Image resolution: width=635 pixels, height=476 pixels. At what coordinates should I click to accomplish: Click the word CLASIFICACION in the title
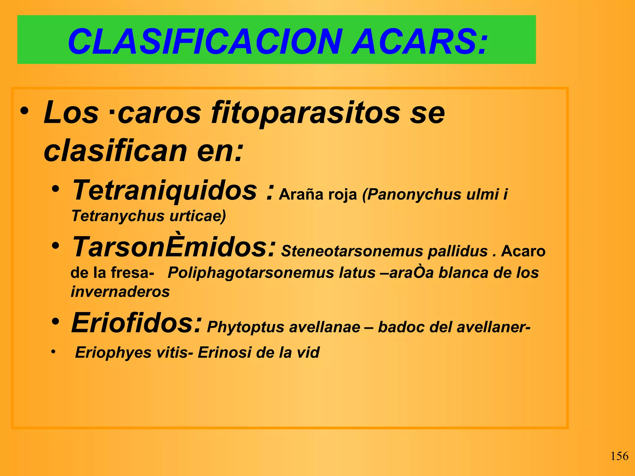coord(205,42)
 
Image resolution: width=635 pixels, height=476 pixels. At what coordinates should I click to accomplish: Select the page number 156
coord(619,456)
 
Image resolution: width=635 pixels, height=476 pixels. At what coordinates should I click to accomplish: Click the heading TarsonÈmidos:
coord(173,247)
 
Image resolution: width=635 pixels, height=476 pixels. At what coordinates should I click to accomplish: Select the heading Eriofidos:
coord(136,323)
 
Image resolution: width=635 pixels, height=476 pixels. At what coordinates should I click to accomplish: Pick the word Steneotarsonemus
coord(352,251)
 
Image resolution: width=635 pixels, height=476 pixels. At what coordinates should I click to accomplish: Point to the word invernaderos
coord(120,292)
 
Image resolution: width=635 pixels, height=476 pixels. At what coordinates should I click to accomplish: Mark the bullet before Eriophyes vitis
coord(53,352)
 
